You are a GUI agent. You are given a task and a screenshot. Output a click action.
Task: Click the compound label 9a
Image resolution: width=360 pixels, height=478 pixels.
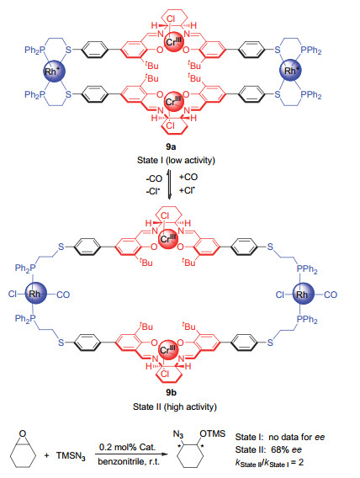pos(171,147)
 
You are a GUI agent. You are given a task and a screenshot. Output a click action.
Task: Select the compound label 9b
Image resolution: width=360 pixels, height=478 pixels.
pos(171,393)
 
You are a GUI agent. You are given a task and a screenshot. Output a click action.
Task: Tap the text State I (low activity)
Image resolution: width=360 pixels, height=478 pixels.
pos(176,161)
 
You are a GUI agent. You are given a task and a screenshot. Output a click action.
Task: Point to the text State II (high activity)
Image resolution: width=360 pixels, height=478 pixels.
pos(175,406)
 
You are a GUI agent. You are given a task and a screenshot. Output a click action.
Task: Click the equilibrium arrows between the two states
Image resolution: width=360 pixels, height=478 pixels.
pos(169,184)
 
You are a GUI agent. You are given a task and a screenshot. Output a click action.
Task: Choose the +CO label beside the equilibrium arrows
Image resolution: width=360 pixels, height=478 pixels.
pos(188,177)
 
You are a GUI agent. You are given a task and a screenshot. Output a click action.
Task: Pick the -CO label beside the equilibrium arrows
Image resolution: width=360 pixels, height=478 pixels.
pos(154,178)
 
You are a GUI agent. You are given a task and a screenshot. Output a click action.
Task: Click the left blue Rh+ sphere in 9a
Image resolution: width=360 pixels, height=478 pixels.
pos(54,72)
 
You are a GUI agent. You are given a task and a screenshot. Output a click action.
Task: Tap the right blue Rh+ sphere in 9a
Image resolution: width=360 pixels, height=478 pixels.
pos(291,71)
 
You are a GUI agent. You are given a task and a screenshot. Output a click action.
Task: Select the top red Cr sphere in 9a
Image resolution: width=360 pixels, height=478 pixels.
pos(174,41)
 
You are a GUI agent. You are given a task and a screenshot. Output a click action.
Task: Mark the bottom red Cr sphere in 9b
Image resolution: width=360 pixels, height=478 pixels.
pos(168,349)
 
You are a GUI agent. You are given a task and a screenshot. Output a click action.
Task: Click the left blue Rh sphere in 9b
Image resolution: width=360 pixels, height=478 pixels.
pos(35,294)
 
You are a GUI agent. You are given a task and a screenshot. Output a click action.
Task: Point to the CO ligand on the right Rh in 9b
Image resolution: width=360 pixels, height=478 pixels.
pos(331,295)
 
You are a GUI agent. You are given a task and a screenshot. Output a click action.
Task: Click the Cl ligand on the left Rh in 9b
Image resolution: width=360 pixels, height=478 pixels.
pos(12,295)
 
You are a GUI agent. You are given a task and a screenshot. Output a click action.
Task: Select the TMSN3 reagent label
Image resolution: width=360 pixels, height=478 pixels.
pos(71,456)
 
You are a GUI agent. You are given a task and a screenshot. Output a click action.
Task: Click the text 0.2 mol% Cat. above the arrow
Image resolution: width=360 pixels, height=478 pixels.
pos(127,447)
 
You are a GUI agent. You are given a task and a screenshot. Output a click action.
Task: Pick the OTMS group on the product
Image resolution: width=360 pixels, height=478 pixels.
pos(213,433)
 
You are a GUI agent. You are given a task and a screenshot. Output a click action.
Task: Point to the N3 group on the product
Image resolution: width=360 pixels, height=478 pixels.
pos(178,434)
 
